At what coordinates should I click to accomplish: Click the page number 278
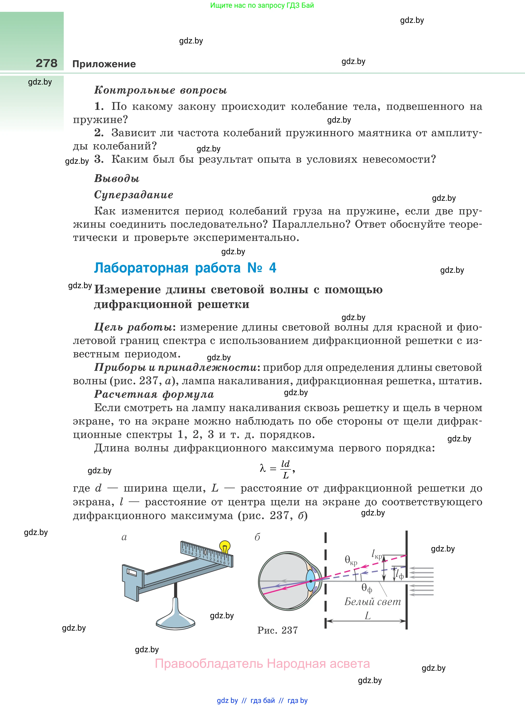point(47,63)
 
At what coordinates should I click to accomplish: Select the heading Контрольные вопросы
point(161,90)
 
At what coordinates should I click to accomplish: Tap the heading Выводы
point(117,178)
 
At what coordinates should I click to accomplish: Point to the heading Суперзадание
point(133,195)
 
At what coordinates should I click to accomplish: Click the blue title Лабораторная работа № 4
point(185,268)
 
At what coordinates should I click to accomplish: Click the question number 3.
point(99,159)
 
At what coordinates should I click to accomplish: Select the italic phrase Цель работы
point(133,327)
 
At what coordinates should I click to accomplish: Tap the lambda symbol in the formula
point(263,468)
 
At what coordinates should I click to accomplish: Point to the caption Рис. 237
point(278,630)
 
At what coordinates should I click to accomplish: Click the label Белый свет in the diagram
point(372,601)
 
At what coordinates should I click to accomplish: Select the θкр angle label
point(351,560)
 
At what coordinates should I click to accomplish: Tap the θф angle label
point(366,588)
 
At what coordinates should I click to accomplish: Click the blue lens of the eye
point(310,581)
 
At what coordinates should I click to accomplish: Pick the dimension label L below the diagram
point(368,615)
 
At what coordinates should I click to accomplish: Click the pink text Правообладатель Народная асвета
point(262,664)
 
